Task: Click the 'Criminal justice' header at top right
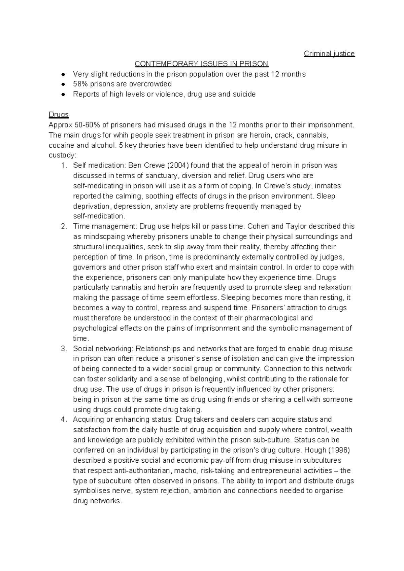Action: [329, 53]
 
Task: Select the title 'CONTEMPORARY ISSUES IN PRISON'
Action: [201, 64]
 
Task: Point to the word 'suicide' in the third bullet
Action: [244, 94]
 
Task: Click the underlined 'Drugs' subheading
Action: [59, 115]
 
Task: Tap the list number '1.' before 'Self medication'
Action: [64, 166]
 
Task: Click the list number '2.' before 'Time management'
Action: [64, 226]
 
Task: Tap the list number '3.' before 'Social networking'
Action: [64, 349]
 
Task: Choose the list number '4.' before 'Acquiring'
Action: [64, 420]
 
